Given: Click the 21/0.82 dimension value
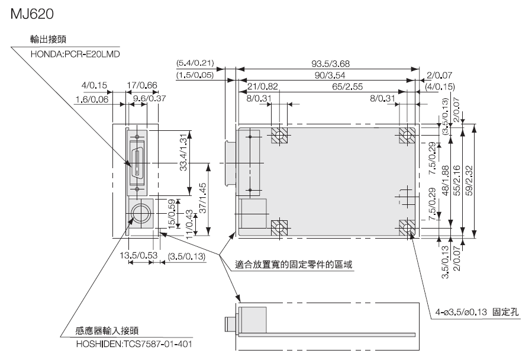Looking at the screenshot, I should tap(262, 87).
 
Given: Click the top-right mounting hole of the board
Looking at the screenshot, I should tap(407, 136).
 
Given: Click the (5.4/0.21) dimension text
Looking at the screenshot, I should tap(195, 63).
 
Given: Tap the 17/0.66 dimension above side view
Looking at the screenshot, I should tap(142, 86).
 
